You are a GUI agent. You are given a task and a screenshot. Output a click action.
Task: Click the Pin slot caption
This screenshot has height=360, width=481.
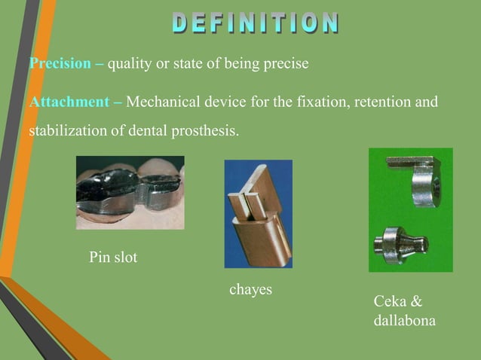(113, 258)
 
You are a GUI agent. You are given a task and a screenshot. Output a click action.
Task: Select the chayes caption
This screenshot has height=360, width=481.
(250, 289)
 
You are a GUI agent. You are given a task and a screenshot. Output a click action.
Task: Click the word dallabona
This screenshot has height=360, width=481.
(404, 321)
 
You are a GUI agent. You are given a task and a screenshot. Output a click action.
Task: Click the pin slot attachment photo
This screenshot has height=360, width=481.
(130, 192)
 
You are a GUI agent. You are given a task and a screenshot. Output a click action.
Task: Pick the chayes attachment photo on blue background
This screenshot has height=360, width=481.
(258, 213)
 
